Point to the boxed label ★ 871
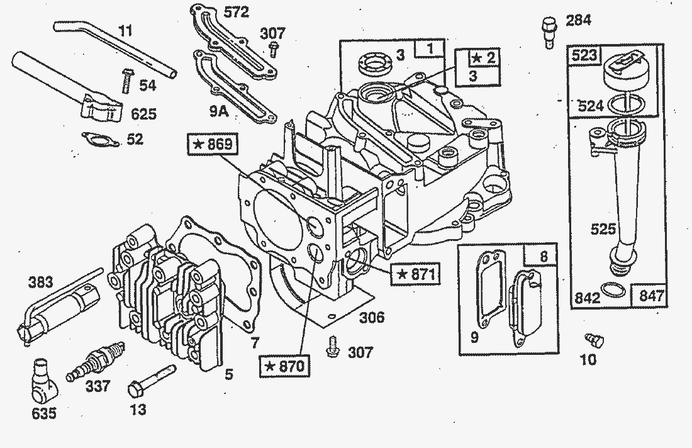tap(413, 274)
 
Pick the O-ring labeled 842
tap(610, 290)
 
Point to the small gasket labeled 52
tap(101, 138)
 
